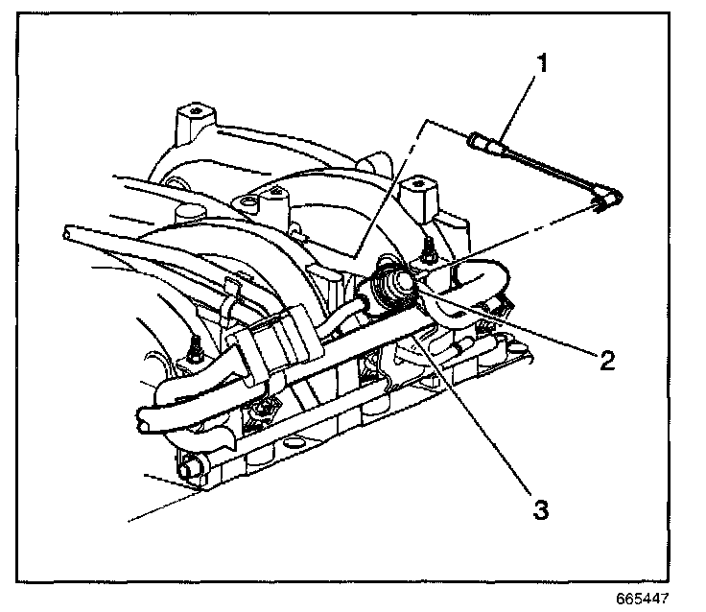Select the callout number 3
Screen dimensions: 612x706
[x=541, y=509]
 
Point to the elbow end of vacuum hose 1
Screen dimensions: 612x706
[x=605, y=200]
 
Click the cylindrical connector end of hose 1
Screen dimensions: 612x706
[x=482, y=143]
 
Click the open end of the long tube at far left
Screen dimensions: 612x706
[x=66, y=232]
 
